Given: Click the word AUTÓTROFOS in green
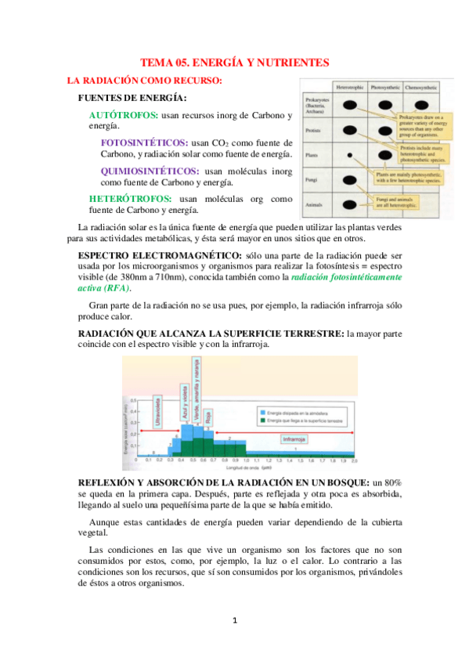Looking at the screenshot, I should click(x=124, y=115).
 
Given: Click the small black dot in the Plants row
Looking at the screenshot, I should click(x=351, y=155).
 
